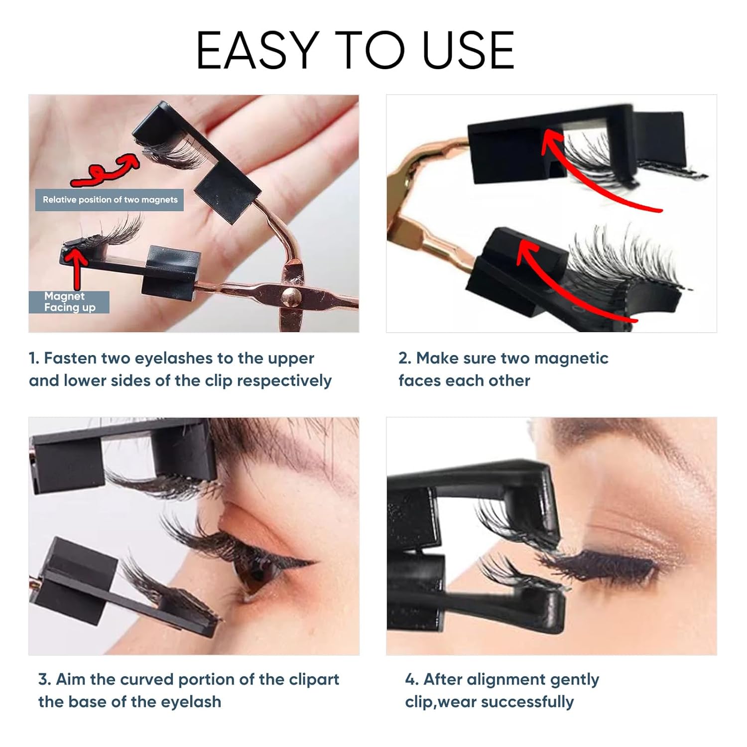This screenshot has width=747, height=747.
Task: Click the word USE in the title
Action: coord(468,50)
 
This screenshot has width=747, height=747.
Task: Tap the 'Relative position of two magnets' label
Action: coord(110,200)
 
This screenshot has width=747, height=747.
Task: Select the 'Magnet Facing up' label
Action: coord(69,302)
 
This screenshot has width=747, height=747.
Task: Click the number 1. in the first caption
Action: coord(34,358)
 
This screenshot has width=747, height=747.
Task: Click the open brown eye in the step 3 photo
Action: coord(259,569)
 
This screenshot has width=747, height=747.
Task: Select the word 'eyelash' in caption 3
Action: coord(191,702)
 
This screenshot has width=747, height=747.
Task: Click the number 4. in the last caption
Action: coord(411,679)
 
